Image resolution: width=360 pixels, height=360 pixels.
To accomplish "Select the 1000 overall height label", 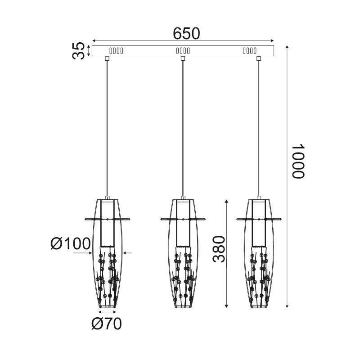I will (298, 162).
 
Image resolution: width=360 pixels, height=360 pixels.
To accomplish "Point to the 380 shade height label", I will (218, 249).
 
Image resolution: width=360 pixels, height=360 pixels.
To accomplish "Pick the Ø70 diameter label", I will (106, 324).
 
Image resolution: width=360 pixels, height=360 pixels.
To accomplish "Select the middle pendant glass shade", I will (183, 270).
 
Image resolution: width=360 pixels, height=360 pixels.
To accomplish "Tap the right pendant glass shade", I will (259, 270).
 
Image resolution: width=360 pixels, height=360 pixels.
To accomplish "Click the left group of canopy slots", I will (116, 50).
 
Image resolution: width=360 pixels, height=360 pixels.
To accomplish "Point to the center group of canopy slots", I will (183, 50).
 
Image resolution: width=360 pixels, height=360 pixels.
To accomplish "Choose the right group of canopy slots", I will (250, 50).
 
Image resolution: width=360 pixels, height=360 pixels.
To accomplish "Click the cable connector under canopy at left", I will (107, 58).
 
